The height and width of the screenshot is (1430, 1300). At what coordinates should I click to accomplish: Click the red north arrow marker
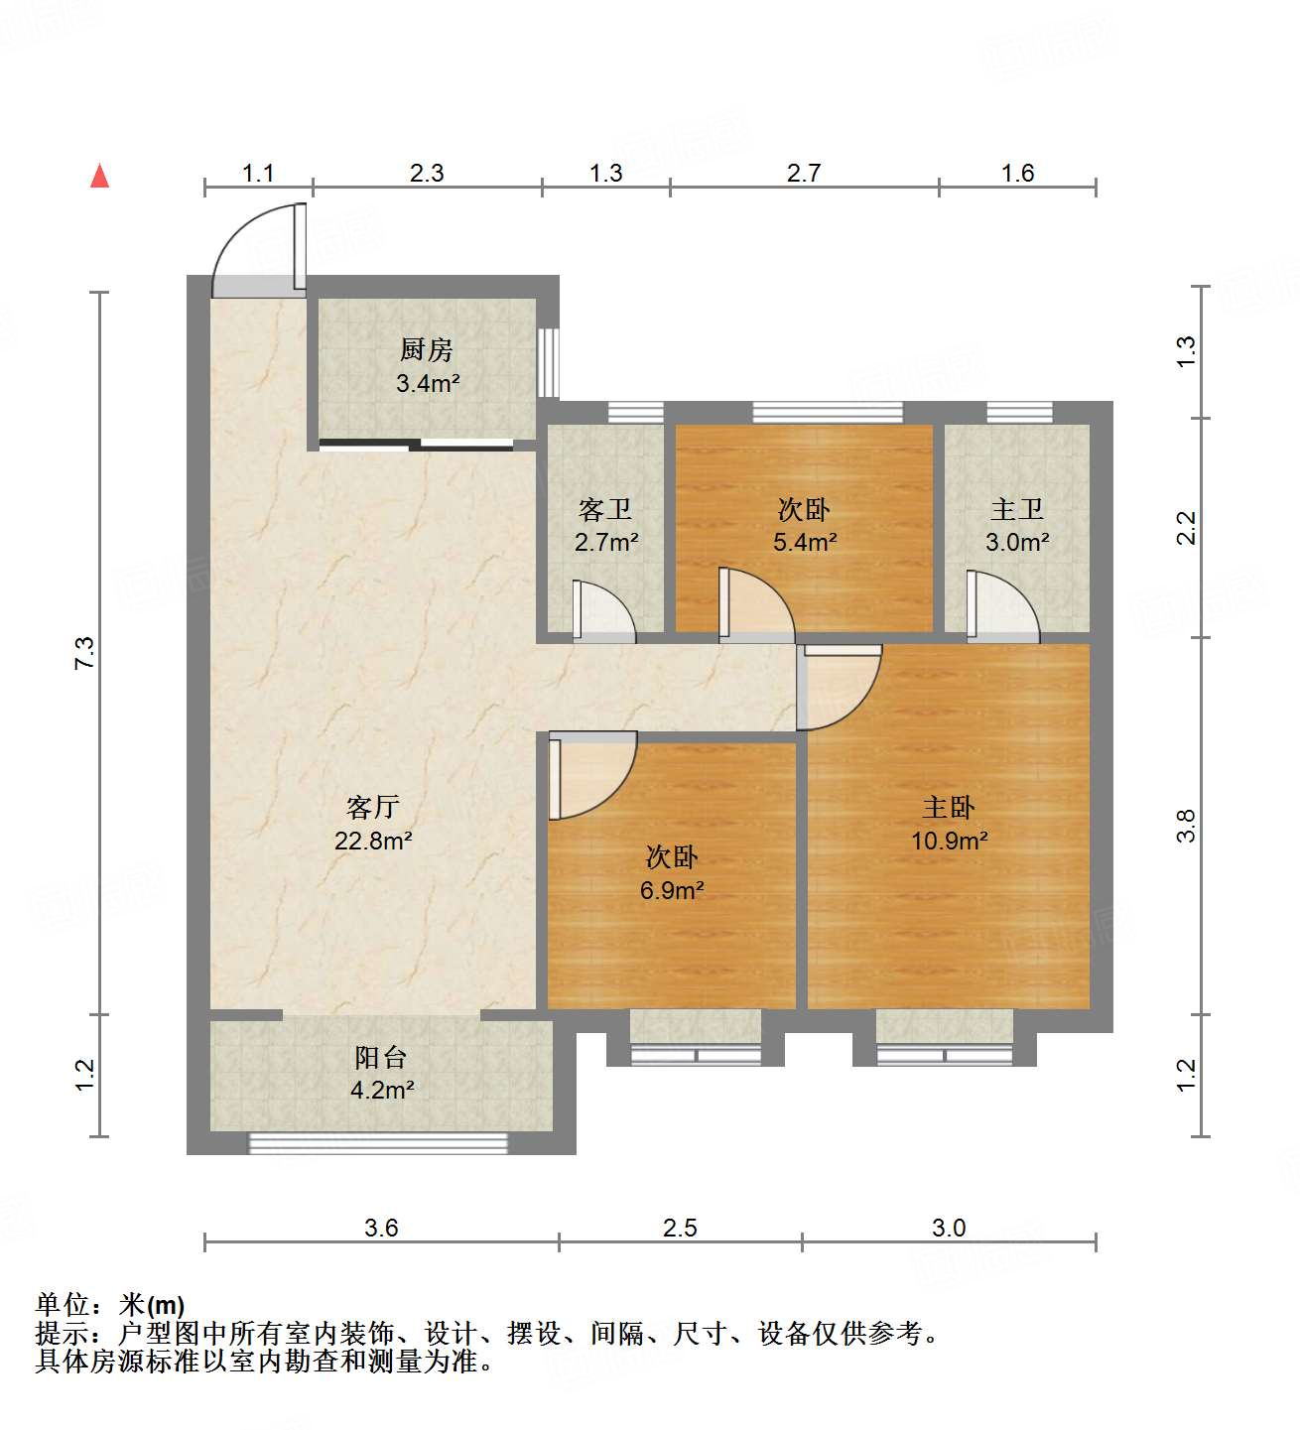click(x=99, y=176)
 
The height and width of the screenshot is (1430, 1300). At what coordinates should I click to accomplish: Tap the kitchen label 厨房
click(x=427, y=349)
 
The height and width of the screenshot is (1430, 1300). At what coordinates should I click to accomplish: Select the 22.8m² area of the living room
click(x=373, y=842)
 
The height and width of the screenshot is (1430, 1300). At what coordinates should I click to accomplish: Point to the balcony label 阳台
click(x=381, y=1058)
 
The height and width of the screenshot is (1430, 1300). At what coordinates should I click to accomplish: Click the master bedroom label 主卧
click(x=949, y=808)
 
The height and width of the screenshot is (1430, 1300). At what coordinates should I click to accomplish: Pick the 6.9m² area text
click(x=672, y=890)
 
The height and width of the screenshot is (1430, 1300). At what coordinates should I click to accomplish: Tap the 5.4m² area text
click(x=805, y=542)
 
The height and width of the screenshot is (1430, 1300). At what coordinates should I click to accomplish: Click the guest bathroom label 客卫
click(x=605, y=510)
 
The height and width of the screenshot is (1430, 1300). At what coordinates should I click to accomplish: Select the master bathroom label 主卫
click(x=1017, y=510)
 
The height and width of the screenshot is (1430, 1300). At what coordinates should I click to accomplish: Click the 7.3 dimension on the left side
click(x=85, y=652)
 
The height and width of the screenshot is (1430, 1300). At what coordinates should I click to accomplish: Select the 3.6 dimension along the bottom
click(x=381, y=1229)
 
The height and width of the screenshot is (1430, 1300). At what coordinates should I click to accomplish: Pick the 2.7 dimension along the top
click(x=804, y=174)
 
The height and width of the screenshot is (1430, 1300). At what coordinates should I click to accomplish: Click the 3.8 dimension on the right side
click(x=1186, y=826)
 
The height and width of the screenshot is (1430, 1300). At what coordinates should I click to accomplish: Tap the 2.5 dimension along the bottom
click(x=680, y=1229)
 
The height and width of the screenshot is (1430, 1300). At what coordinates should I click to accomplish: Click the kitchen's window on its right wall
click(x=549, y=362)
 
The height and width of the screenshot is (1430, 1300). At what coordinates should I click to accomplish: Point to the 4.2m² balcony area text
click(x=382, y=1090)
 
